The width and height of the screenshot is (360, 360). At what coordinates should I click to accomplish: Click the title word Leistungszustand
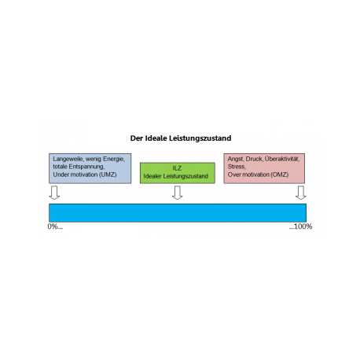(x=200, y=138)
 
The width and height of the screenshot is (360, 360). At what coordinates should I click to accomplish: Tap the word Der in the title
(x=136, y=138)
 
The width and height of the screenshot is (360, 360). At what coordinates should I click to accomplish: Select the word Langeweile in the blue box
(x=68, y=159)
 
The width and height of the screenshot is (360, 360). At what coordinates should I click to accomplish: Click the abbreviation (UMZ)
(x=108, y=174)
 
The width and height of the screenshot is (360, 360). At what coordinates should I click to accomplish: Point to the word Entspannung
(x=86, y=167)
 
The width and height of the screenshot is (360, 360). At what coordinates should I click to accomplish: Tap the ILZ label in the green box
(x=177, y=168)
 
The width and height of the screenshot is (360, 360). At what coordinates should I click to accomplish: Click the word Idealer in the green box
(x=152, y=176)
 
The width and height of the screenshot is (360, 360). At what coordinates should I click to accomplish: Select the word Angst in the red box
(x=236, y=159)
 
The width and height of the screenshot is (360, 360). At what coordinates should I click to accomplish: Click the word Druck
(x=254, y=159)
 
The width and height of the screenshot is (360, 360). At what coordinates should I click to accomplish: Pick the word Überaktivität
(x=282, y=159)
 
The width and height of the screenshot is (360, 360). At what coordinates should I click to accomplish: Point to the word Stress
(x=237, y=167)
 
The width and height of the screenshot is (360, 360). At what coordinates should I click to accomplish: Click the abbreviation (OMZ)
(x=280, y=174)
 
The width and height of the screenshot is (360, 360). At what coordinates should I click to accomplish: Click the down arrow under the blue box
(x=54, y=193)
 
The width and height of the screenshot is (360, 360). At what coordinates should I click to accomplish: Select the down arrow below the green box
(x=178, y=193)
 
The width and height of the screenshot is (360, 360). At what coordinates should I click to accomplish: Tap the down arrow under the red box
(x=301, y=193)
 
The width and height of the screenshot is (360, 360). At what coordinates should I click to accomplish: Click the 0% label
(x=53, y=226)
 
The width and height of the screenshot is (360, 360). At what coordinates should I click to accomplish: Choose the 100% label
(x=303, y=226)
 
